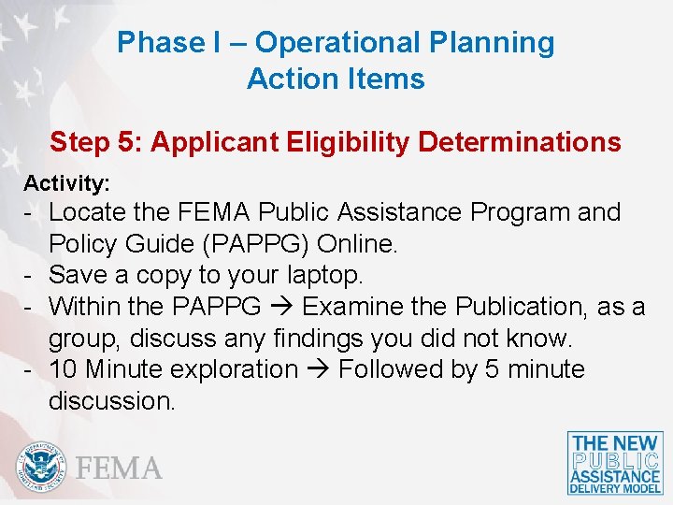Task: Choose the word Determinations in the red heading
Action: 520,142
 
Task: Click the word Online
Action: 358,244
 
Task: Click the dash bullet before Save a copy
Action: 30,275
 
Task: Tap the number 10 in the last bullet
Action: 64,369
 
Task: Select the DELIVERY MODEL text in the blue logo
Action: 615,487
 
